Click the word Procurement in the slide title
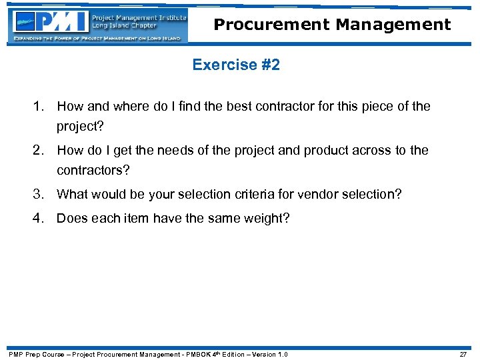[x=271, y=25]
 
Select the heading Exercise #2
[x=236, y=65]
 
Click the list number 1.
[x=41, y=106]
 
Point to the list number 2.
[x=41, y=150]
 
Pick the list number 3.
[x=41, y=194]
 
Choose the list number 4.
[x=41, y=218]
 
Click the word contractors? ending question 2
[x=93, y=170]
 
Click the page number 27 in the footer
[x=463, y=354]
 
